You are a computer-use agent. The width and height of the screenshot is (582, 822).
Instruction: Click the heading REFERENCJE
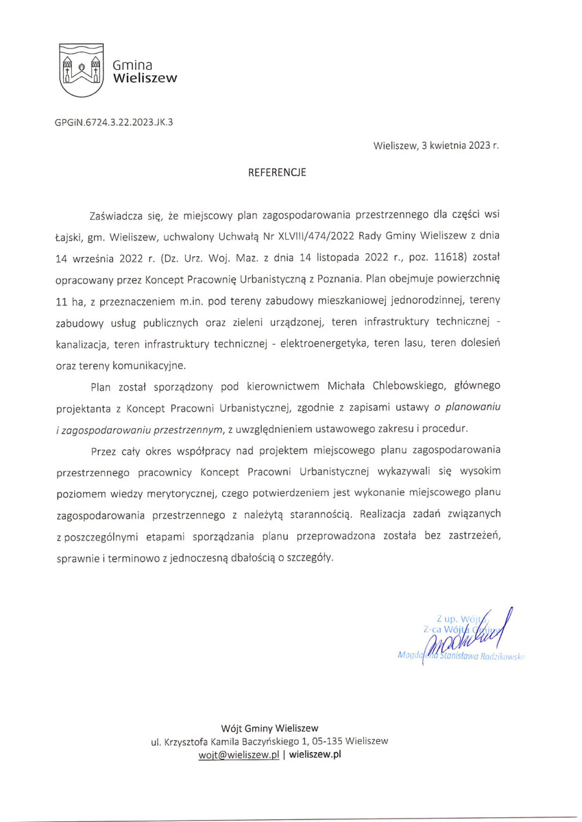click(x=277, y=173)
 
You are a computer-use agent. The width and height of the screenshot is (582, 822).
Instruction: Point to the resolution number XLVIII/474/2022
click(x=318, y=236)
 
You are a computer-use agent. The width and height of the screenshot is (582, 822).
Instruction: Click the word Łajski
click(x=69, y=236)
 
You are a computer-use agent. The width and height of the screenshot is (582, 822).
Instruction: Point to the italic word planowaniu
click(x=474, y=408)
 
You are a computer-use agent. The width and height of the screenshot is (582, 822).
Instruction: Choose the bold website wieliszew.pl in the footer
click(x=315, y=754)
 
